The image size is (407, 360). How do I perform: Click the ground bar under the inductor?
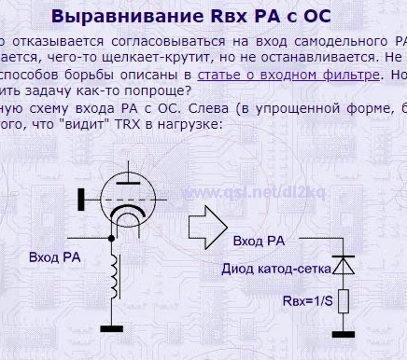point(115,326)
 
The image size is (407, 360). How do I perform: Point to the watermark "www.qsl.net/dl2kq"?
point(241,194)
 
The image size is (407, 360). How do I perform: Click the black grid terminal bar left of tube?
point(81,197)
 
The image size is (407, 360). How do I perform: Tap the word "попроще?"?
point(160,90)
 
